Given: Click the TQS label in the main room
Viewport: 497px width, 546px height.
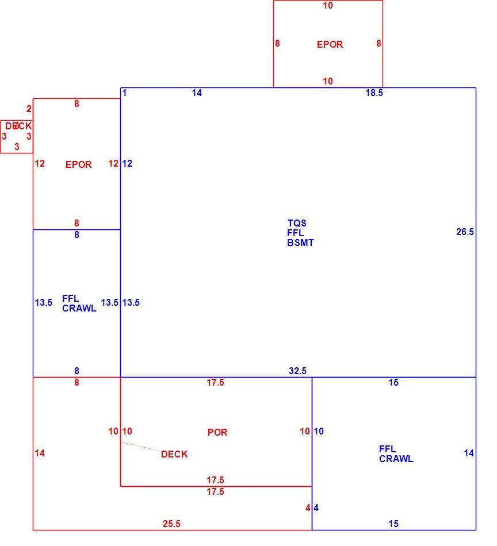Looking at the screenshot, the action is click(297, 223).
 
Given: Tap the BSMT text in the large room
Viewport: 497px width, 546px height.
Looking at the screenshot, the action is click(300, 243).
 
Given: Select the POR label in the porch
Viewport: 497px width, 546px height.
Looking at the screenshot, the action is click(217, 432).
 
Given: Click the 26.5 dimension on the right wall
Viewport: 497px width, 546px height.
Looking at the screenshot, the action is click(465, 232).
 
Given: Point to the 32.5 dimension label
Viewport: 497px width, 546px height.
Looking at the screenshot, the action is click(297, 371).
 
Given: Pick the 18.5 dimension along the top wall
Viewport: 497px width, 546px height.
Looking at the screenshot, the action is click(374, 93).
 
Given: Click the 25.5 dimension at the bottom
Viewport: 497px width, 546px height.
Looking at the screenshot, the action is click(171, 524).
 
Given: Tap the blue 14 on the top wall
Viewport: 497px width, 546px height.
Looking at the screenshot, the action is click(197, 93).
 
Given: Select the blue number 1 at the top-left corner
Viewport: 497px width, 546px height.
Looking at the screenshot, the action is click(124, 93).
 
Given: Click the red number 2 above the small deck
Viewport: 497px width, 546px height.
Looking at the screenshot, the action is click(29, 109).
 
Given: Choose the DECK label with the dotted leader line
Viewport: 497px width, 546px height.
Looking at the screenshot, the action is click(174, 454).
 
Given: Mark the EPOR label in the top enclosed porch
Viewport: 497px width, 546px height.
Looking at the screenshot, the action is click(330, 44).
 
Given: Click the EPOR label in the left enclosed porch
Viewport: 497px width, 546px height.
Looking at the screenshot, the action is click(78, 164).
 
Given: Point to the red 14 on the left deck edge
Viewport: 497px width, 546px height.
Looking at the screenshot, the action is click(40, 453).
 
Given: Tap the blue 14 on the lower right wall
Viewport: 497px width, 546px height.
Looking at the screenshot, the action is click(469, 453).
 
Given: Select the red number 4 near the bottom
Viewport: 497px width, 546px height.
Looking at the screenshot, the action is click(308, 507).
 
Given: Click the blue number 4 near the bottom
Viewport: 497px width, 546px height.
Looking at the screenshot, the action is click(316, 507).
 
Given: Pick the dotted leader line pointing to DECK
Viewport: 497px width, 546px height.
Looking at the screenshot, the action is click(140, 447).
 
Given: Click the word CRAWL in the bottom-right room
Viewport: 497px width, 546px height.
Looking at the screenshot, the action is click(396, 459).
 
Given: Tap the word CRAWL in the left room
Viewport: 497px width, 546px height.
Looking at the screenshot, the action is click(79, 308).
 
